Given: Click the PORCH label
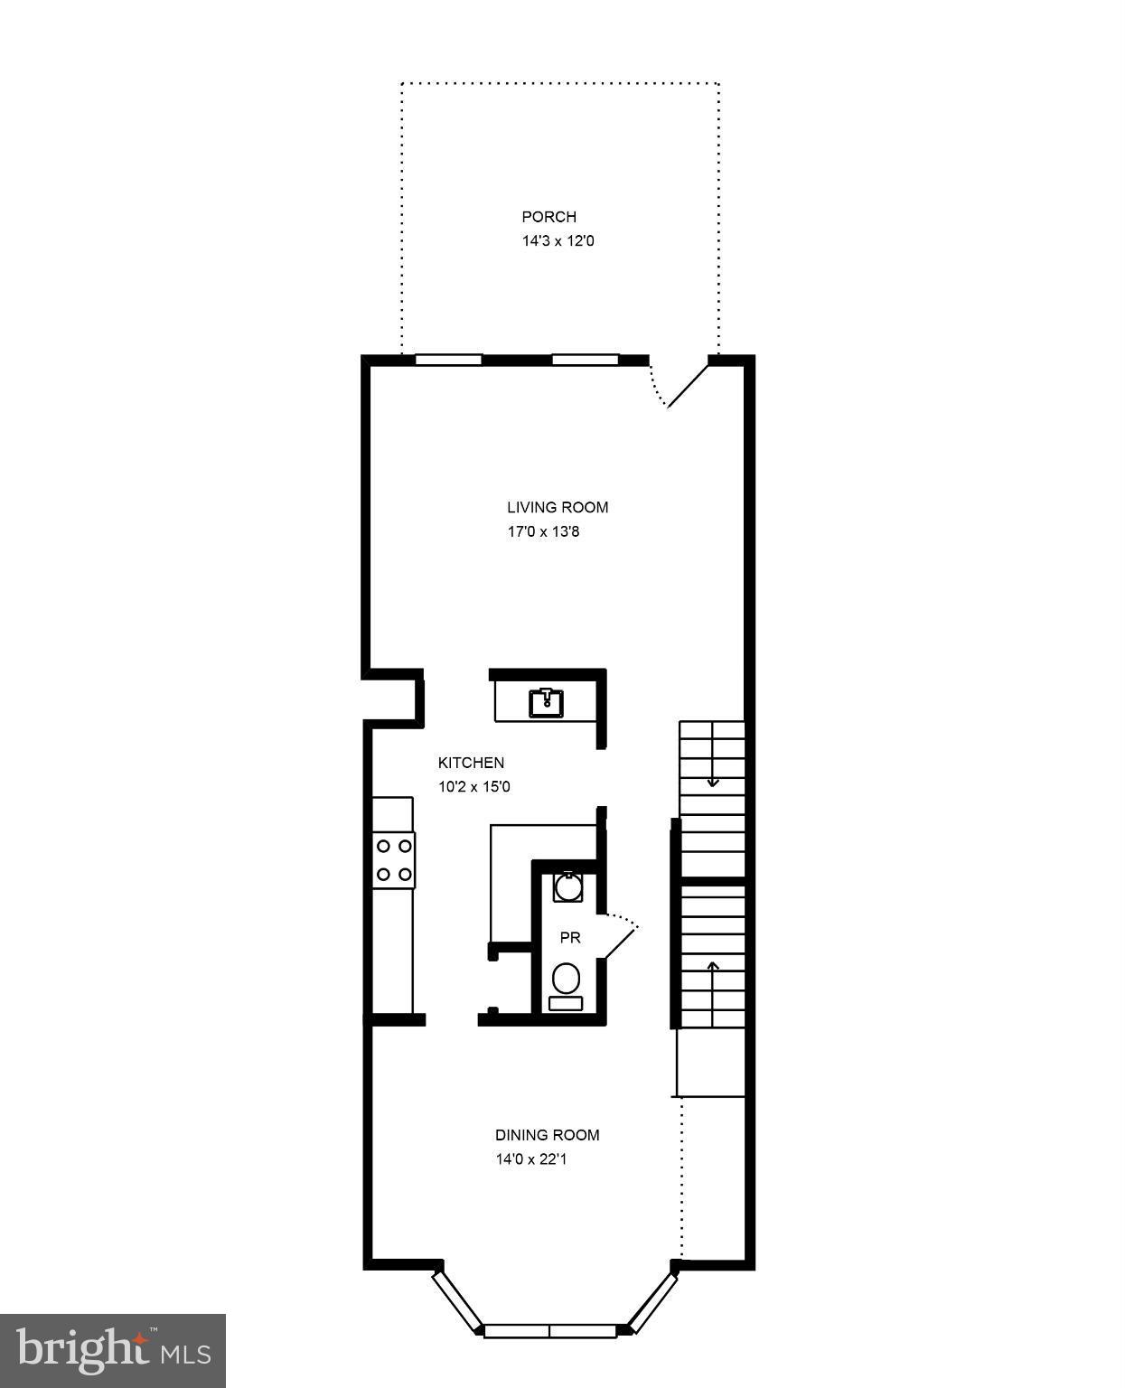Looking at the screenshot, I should click(548, 217).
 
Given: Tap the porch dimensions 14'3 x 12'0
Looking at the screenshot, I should click(558, 241).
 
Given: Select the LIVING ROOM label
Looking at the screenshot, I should click(558, 508).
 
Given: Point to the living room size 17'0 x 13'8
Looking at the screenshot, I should click(543, 532).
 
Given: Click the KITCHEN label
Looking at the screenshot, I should click(471, 763).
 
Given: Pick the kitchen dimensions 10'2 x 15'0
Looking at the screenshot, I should click(474, 787).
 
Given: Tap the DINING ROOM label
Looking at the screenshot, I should click(547, 1136).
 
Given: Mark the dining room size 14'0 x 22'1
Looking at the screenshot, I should click(531, 1159).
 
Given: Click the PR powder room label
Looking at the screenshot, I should click(570, 938).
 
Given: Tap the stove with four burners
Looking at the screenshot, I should click(395, 860).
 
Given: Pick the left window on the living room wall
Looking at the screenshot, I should click(448, 360).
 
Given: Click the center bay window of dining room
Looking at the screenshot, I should click(550, 1331).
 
